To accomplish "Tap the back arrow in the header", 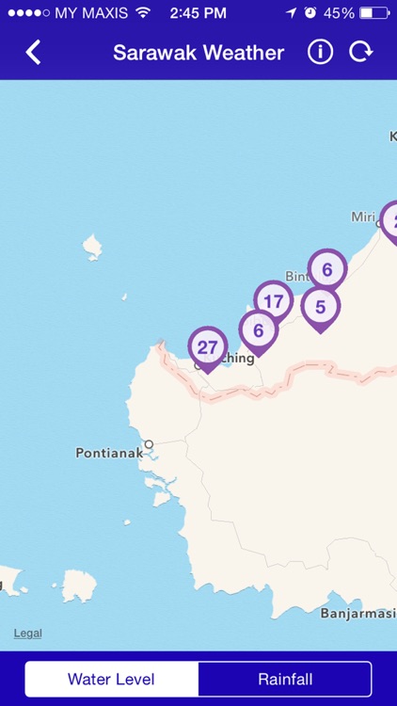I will tap(34, 52).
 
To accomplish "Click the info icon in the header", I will tap(320, 52).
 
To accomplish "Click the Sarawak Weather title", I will tap(198, 53).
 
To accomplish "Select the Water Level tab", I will tap(111, 679).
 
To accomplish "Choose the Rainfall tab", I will tap(285, 679).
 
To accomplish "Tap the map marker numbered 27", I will tap(207, 347).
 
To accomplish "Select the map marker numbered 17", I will tap(274, 301).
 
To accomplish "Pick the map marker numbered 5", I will tap(320, 307).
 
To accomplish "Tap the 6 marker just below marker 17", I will tap(258, 331).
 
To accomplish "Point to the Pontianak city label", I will tap(109, 453).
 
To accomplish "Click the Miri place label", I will tap(363, 217).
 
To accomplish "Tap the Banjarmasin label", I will tap(357, 613).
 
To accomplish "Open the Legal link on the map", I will tap(27, 633).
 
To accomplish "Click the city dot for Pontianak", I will tap(149, 443).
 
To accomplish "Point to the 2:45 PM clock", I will tap(198, 13).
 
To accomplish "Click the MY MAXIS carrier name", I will tap(91, 13).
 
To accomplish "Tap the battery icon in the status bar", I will tap(373, 13).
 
